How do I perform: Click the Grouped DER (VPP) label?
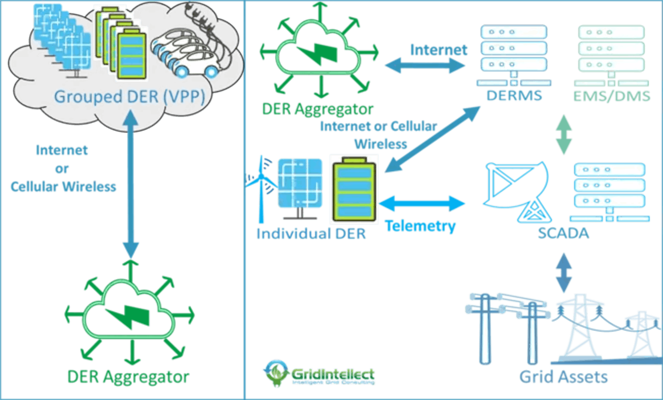(x=130, y=97)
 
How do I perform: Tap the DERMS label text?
(x=514, y=96)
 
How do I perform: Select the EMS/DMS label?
(x=612, y=96)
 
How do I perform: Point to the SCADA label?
(x=563, y=233)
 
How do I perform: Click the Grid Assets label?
(x=563, y=377)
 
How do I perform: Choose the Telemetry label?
(x=420, y=227)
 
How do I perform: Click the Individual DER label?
(x=311, y=234)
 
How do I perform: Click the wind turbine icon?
(x=262, y=189)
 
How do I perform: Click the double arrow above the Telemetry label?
(x=422, y=203)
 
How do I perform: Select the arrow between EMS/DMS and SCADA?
(x=564, y=134)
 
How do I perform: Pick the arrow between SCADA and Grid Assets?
(x=564, y=273)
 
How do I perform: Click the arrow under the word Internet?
(x=425, y=65)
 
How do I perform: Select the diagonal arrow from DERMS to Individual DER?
(x=433, y=139)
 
